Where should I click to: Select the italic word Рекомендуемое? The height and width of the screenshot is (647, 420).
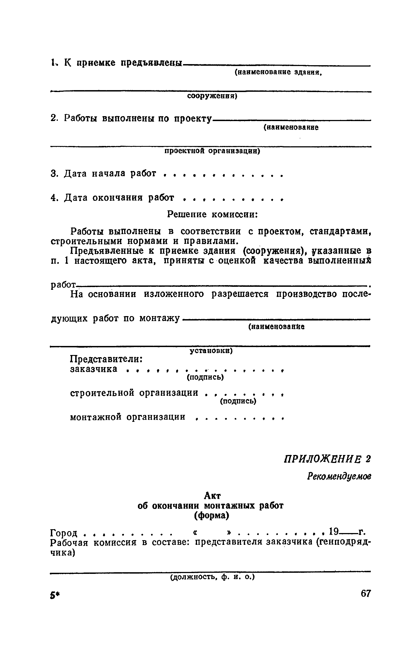[339, 477]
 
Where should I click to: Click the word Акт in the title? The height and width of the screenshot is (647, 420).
[212, 496]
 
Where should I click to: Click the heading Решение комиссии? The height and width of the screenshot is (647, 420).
[212, 214]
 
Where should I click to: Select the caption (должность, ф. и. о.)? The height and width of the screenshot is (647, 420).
[212, 577]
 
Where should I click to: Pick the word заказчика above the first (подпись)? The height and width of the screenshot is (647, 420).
[94, 369]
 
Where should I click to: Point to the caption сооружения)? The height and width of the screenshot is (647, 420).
[212, 96]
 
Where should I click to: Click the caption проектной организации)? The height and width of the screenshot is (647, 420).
[212, 151]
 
